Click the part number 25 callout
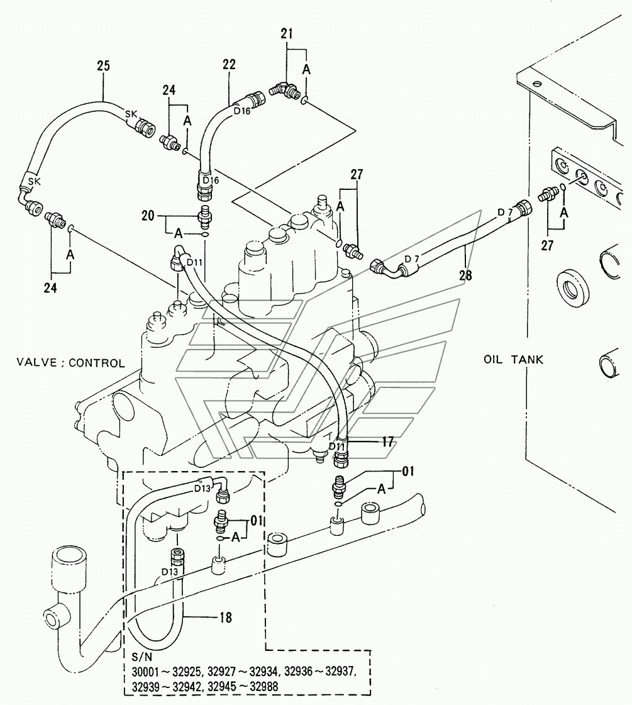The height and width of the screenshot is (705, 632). (x=103, y=65)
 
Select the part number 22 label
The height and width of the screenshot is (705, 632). (x=229, y=64)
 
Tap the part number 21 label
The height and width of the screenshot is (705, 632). (x=287, y=33)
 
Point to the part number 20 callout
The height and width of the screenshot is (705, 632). (x=148, y=216)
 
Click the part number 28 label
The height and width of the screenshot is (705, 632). (x=466, y=275)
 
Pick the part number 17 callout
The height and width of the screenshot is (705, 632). (x=388, y=442)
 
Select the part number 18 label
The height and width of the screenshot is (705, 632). (x=225, y=618)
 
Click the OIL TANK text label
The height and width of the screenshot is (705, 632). (x=513, y=360)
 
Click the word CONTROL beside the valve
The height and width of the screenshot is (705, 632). (x=97, y=363)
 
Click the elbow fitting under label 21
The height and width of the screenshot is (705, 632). (x=285, y=88)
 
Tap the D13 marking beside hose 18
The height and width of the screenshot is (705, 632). (x=170, y=572)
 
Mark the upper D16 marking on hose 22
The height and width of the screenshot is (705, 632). (x=242, y=111)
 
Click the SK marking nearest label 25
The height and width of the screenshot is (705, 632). (x=131, y=114)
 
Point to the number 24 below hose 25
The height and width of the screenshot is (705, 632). (x=50, y=288)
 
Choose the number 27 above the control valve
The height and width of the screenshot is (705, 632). (x=357, y=174)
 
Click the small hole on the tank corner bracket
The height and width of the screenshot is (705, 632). (x=535, y=84)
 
